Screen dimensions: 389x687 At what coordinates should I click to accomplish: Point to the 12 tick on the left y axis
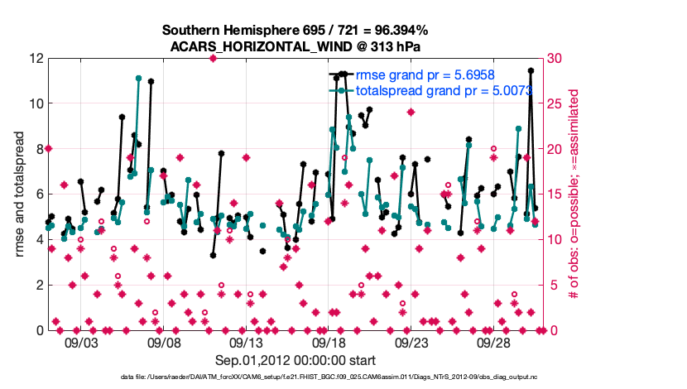36,59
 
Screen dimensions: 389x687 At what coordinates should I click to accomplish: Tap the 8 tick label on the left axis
38,149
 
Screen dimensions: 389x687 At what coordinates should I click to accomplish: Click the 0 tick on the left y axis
38,330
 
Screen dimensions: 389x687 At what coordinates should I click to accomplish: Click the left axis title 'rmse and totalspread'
21,194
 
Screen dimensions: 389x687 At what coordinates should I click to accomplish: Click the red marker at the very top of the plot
213,59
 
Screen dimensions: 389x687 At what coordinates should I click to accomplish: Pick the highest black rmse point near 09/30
531,71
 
